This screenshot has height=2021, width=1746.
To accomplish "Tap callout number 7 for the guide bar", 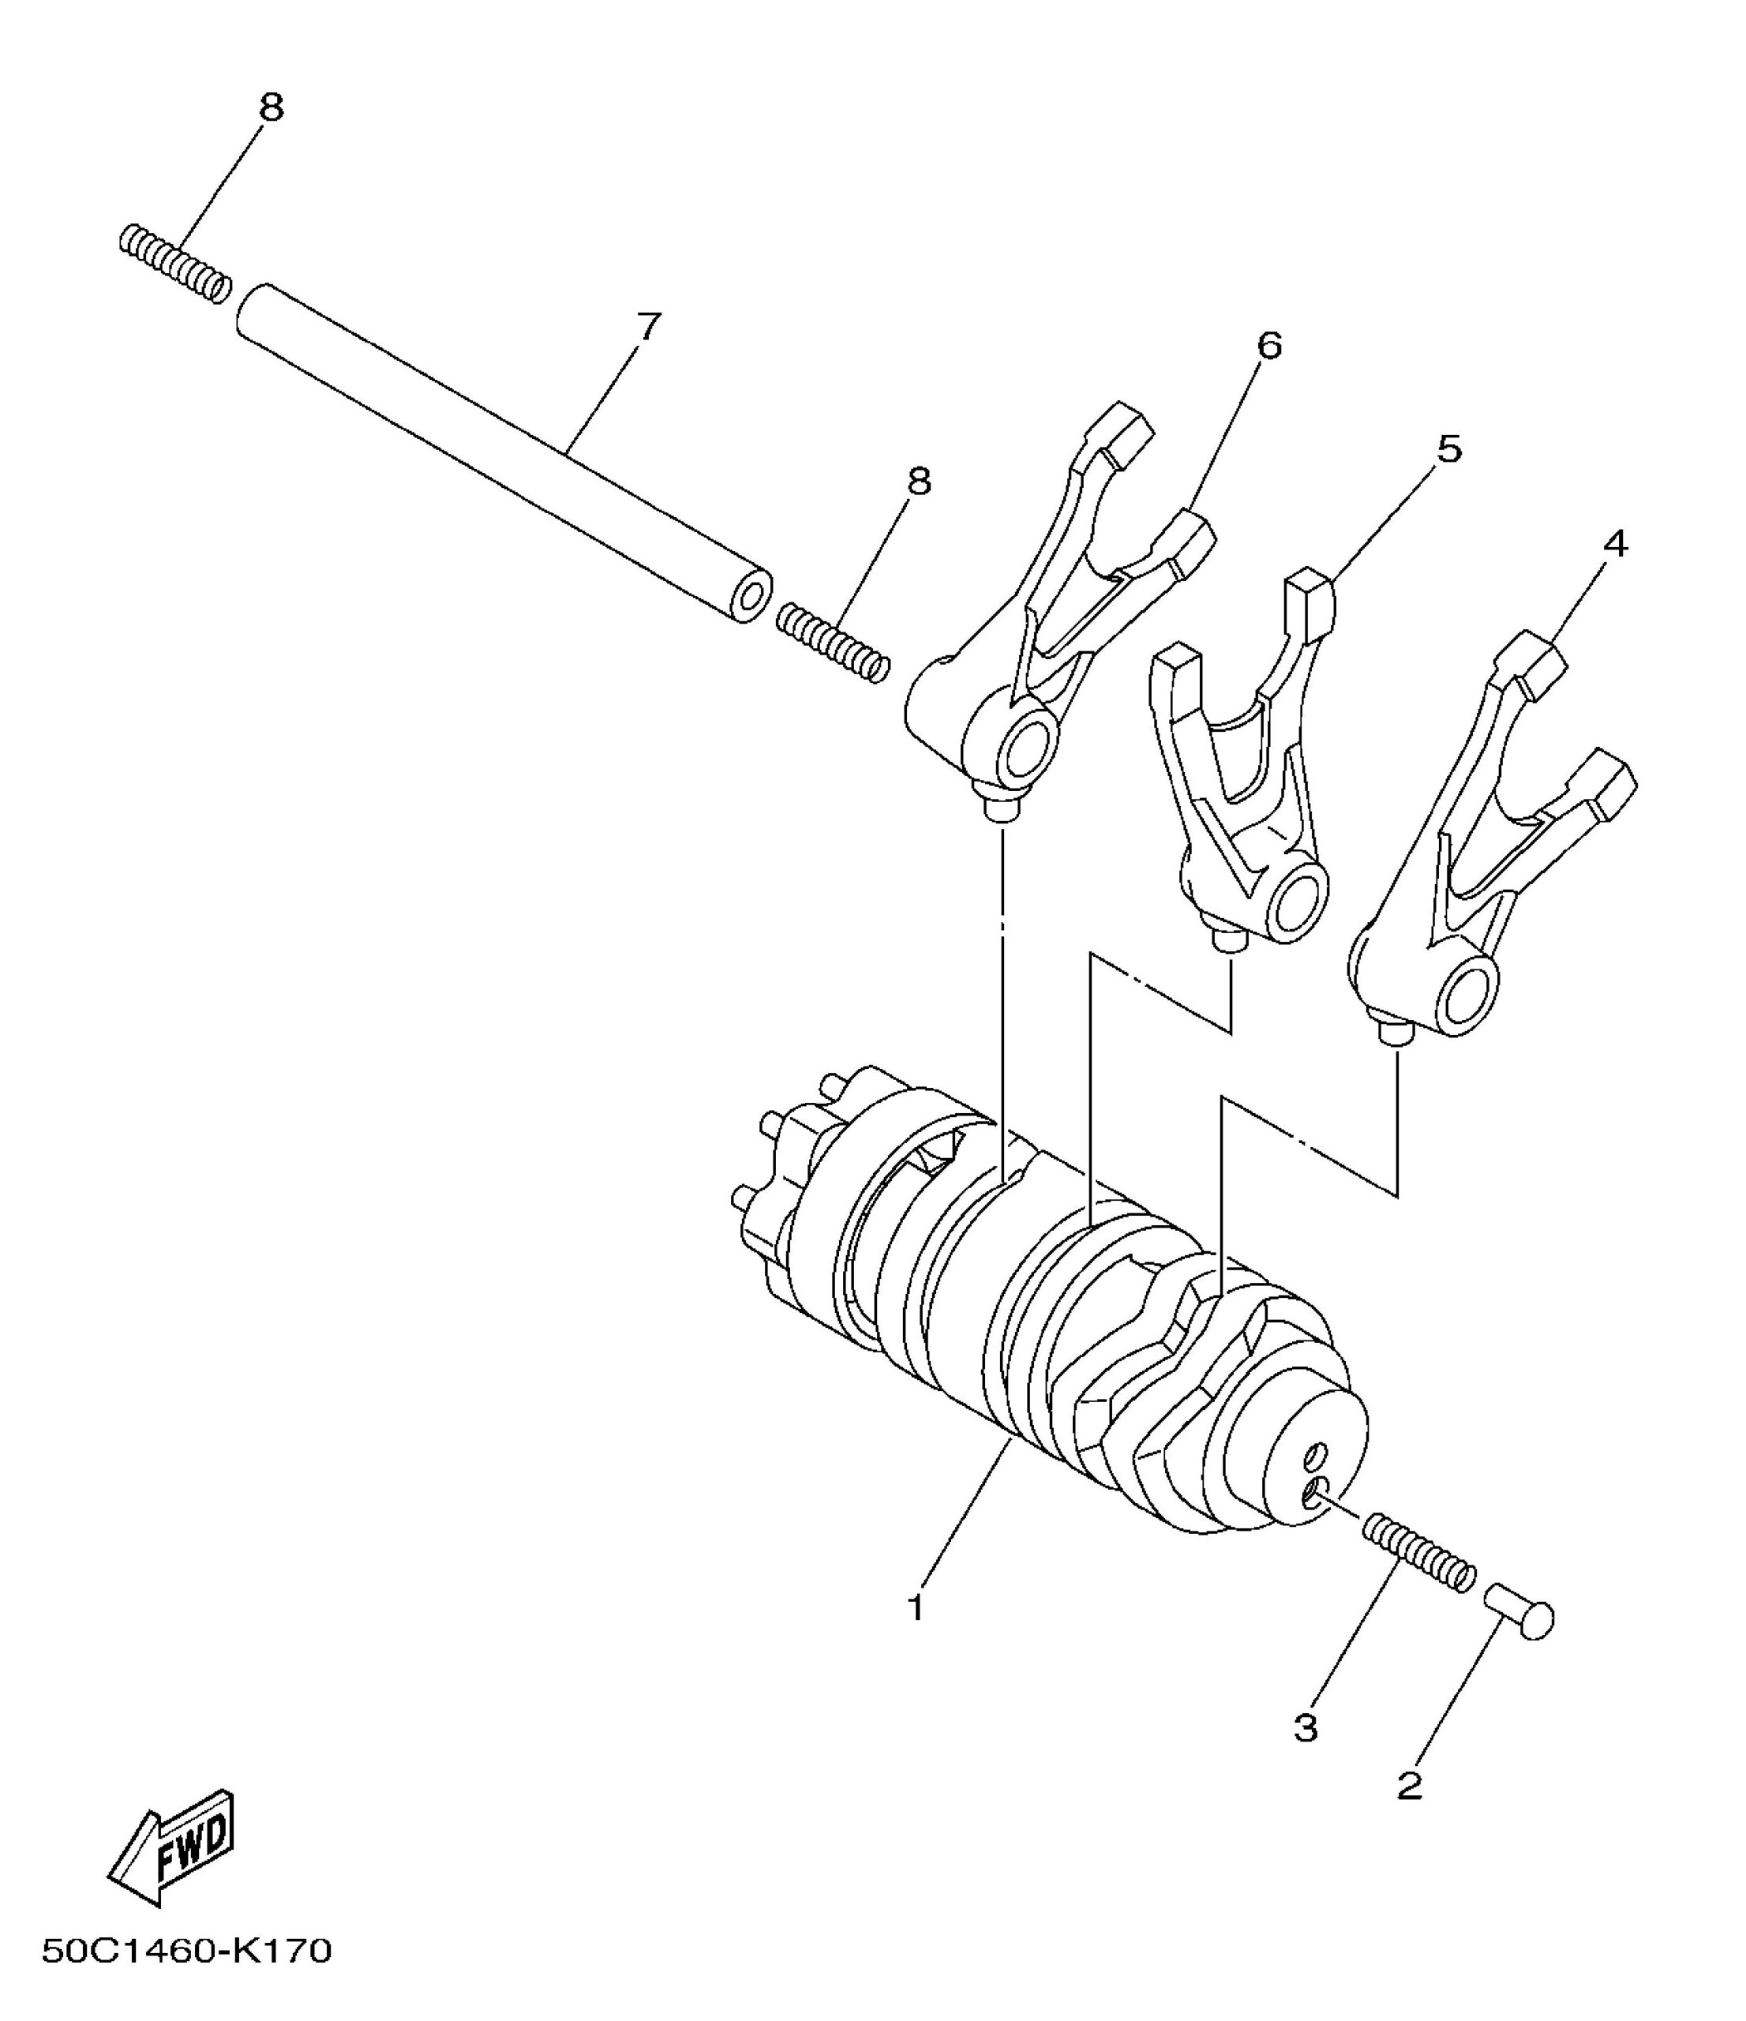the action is [649, 327].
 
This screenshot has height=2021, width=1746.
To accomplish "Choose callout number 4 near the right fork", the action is [1615, 544].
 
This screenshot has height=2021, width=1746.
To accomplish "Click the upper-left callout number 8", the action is [272, 107].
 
